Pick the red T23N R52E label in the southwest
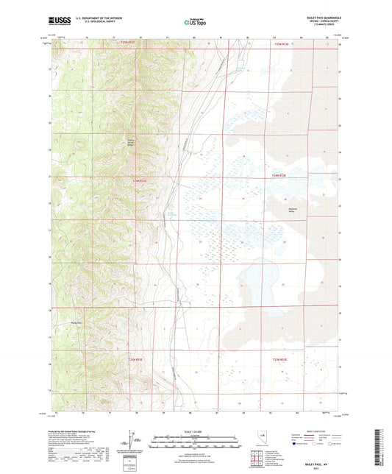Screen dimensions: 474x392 pos(137,359)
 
